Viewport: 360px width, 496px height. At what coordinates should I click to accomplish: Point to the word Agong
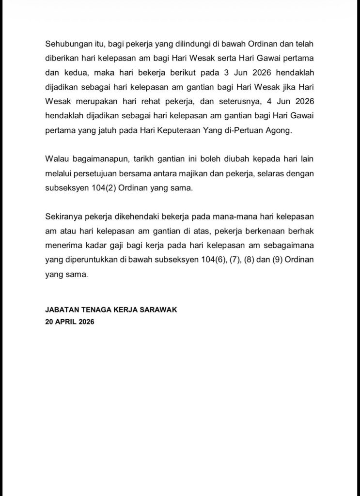pyautogui.click(x=280, y=130)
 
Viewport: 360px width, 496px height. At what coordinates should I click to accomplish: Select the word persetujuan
pyautogui.click(x=96, y=174)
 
